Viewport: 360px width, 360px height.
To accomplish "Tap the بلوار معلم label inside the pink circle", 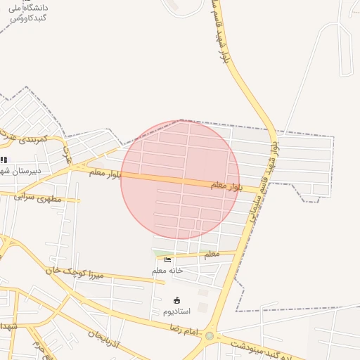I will click(226, 185).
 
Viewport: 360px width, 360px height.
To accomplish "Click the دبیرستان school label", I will click(23, 170).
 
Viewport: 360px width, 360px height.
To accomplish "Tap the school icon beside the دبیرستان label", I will click(4, 160).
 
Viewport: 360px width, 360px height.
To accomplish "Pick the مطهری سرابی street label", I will click(38, 198).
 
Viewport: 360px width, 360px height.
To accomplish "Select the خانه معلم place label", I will click(167, 270).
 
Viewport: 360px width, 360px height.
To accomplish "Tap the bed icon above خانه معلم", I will click(167, 259).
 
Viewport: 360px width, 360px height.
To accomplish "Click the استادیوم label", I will click(176, 311).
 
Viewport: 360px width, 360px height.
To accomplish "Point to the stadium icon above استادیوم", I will click(176, 300).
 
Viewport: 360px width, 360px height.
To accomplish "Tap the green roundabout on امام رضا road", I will click(210, 336).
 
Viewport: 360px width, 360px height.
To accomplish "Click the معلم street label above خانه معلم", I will click(211, 255).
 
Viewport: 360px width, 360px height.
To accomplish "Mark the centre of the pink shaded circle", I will click(180, 180).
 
